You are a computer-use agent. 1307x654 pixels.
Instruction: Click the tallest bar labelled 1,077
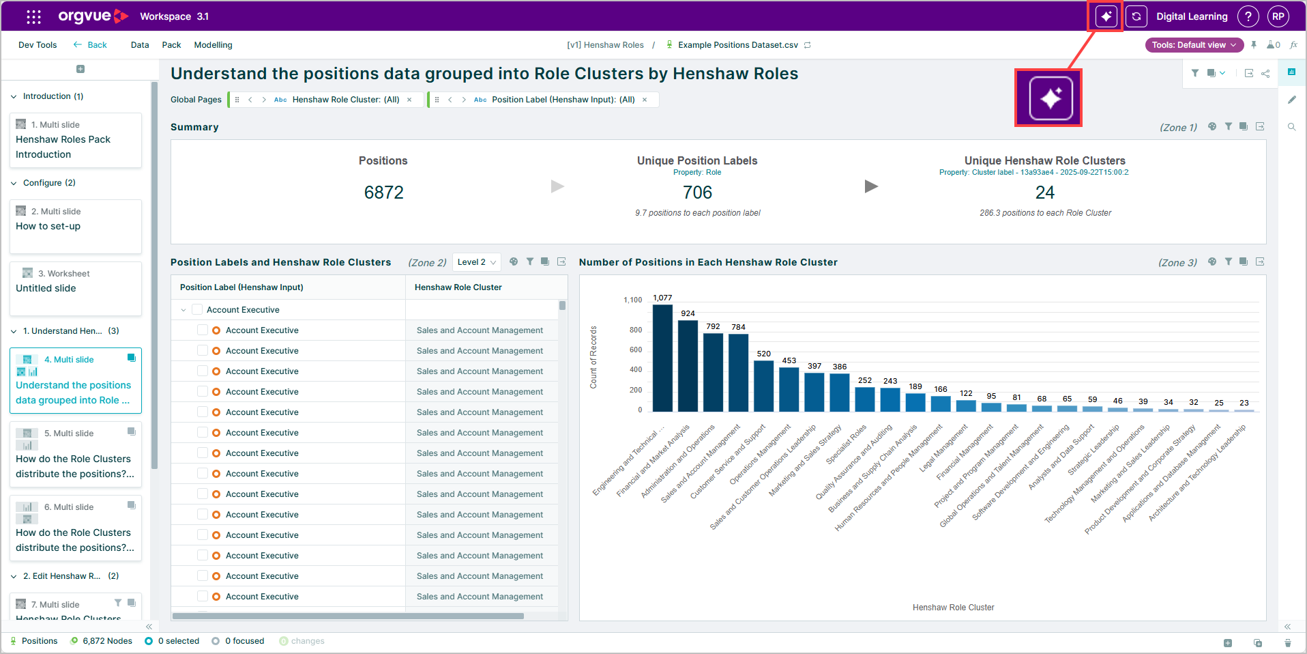point(662,358)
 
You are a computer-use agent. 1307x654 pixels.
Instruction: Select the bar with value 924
point(688,366)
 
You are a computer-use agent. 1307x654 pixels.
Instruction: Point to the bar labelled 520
point(763,386)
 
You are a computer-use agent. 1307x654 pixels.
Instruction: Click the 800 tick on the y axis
point(635,330)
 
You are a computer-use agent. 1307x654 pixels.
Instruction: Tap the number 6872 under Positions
point(384,193)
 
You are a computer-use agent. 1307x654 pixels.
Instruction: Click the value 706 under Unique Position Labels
point(697,193)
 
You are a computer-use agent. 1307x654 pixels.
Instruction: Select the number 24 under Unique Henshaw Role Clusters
point(1045,193)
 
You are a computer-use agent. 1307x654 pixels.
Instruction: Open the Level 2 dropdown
point(476,262)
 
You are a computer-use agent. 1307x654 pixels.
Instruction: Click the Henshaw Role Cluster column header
point(458,287)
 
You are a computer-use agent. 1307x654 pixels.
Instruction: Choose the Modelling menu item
point(213,45)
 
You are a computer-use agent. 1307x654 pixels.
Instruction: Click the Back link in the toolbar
point(90,45)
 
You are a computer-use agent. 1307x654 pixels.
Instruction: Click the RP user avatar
point(1278,16)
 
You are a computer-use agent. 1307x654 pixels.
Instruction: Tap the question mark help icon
point(1248,16)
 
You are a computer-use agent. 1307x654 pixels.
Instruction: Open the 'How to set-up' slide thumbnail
point(76,227)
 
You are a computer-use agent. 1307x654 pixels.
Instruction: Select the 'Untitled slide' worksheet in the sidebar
point(76,289)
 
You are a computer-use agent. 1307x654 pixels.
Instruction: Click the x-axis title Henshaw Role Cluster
point(953,608)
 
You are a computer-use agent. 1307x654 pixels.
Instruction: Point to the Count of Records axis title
point(593,357)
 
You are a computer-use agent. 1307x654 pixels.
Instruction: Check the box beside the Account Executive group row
point(197,310)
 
